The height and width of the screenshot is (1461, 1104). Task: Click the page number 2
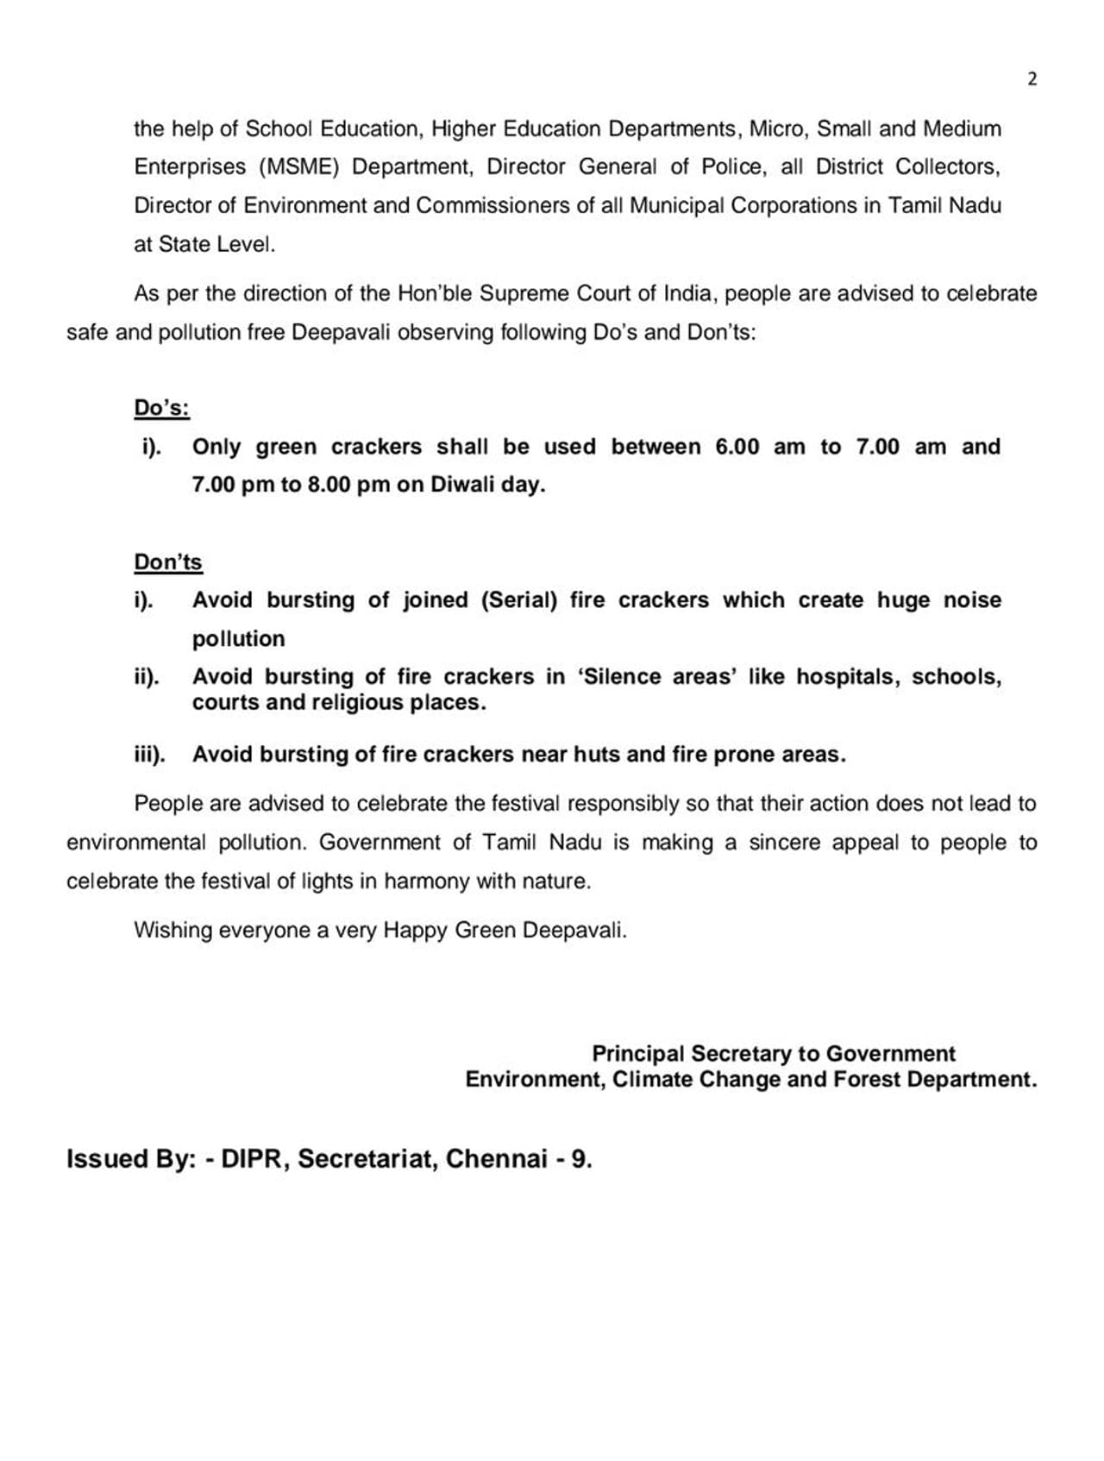pos(1032,79)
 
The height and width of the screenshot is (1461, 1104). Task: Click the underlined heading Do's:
pos(161,408)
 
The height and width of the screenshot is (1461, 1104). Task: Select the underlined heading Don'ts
pos(167,562)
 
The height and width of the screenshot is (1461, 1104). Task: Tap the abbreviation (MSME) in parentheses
pos(296,166)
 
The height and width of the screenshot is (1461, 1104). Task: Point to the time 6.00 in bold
pos(737,447)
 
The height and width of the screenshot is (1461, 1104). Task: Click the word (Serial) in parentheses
pos(519,600)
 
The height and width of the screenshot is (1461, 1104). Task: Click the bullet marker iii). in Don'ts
pos(149,755)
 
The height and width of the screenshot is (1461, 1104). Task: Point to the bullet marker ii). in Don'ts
pos(146,677)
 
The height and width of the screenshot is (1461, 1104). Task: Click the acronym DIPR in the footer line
pos(255,1158)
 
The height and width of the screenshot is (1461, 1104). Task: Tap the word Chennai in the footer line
pos(496,1158)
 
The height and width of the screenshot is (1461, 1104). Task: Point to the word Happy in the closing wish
pos(415,931)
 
